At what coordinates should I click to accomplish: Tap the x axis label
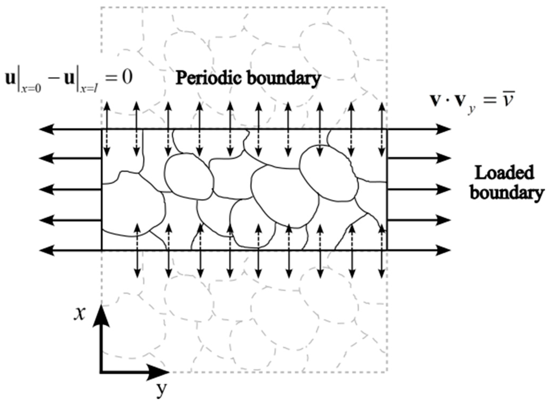(x=80, y=313)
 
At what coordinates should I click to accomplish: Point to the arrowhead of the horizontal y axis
(x=161, y=372)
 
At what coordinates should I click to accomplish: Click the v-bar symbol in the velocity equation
(x=507, y=102)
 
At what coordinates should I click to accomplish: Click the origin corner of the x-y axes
(x=101, y=372)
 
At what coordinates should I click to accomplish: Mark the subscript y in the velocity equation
(x=469, y=110)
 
